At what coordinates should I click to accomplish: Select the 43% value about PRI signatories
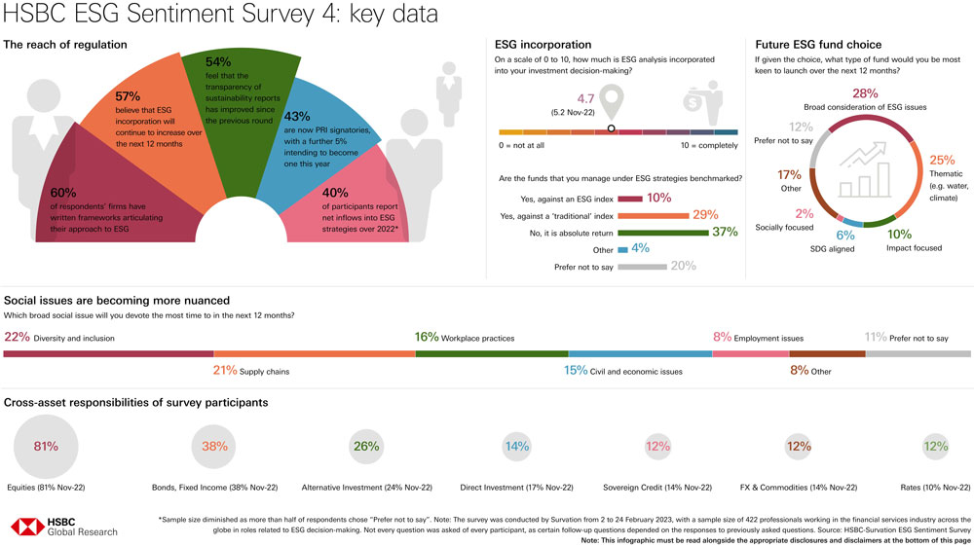coord(297,115)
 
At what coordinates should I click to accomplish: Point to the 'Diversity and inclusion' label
coord(74,338)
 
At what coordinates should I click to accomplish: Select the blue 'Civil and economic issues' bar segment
coord(640,353)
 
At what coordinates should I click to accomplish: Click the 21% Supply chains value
coord(225,371)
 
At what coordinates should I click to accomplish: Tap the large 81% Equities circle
coord(46,447)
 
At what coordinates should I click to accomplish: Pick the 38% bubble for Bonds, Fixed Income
coord(214,447)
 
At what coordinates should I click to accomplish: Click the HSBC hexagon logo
coord(28,527)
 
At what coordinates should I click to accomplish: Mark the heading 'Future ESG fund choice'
coord(818,45)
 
